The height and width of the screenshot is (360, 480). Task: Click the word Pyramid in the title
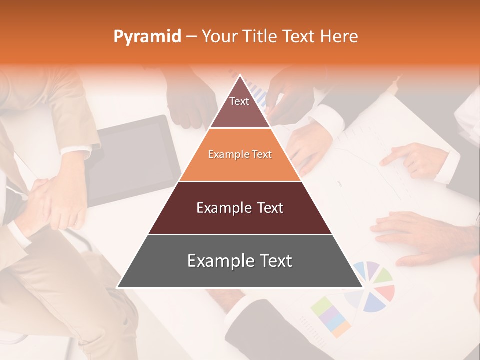coord(147,37)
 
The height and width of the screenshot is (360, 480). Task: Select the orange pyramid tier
coord(240,155)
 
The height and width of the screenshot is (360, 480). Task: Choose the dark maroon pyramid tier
coord(240,208)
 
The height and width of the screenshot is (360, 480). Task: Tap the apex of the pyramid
coord(240,76)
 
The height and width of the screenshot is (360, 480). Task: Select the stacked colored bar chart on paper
coord(331,315)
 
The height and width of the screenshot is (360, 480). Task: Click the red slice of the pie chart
coord(385,292)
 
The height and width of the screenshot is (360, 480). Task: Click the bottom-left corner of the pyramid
coord(118,287)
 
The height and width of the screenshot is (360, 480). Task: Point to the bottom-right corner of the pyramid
coord(362,287)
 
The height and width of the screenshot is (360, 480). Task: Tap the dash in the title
coord(191,37)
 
